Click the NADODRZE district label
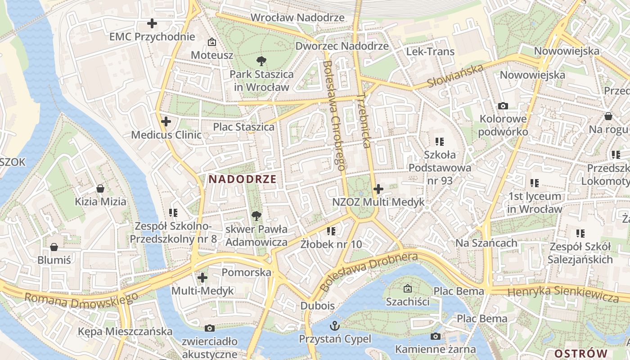[x=243, y=179]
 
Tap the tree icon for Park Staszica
[x=261, y=61]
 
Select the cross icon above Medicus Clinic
[x=166, y=121]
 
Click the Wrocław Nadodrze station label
[x=297, y=18]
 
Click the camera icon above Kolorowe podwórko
[x=503, y=106]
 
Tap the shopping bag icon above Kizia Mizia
[x=100, y=188]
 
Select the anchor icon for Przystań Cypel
[x=335, y=325]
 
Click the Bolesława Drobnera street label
[x=369, y=272]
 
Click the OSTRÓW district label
[x=581, y=353]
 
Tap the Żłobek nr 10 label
[x=331, y=244]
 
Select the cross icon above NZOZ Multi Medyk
[x=378, y=189]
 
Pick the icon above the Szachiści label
[x=408, y=288]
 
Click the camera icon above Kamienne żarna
[x=435, y=336]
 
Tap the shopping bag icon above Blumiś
[x=54, y=247]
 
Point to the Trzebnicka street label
[x=364, y=121]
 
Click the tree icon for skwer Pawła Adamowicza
[x=256, y=216]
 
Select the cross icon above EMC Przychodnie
[x=152, y=23]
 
